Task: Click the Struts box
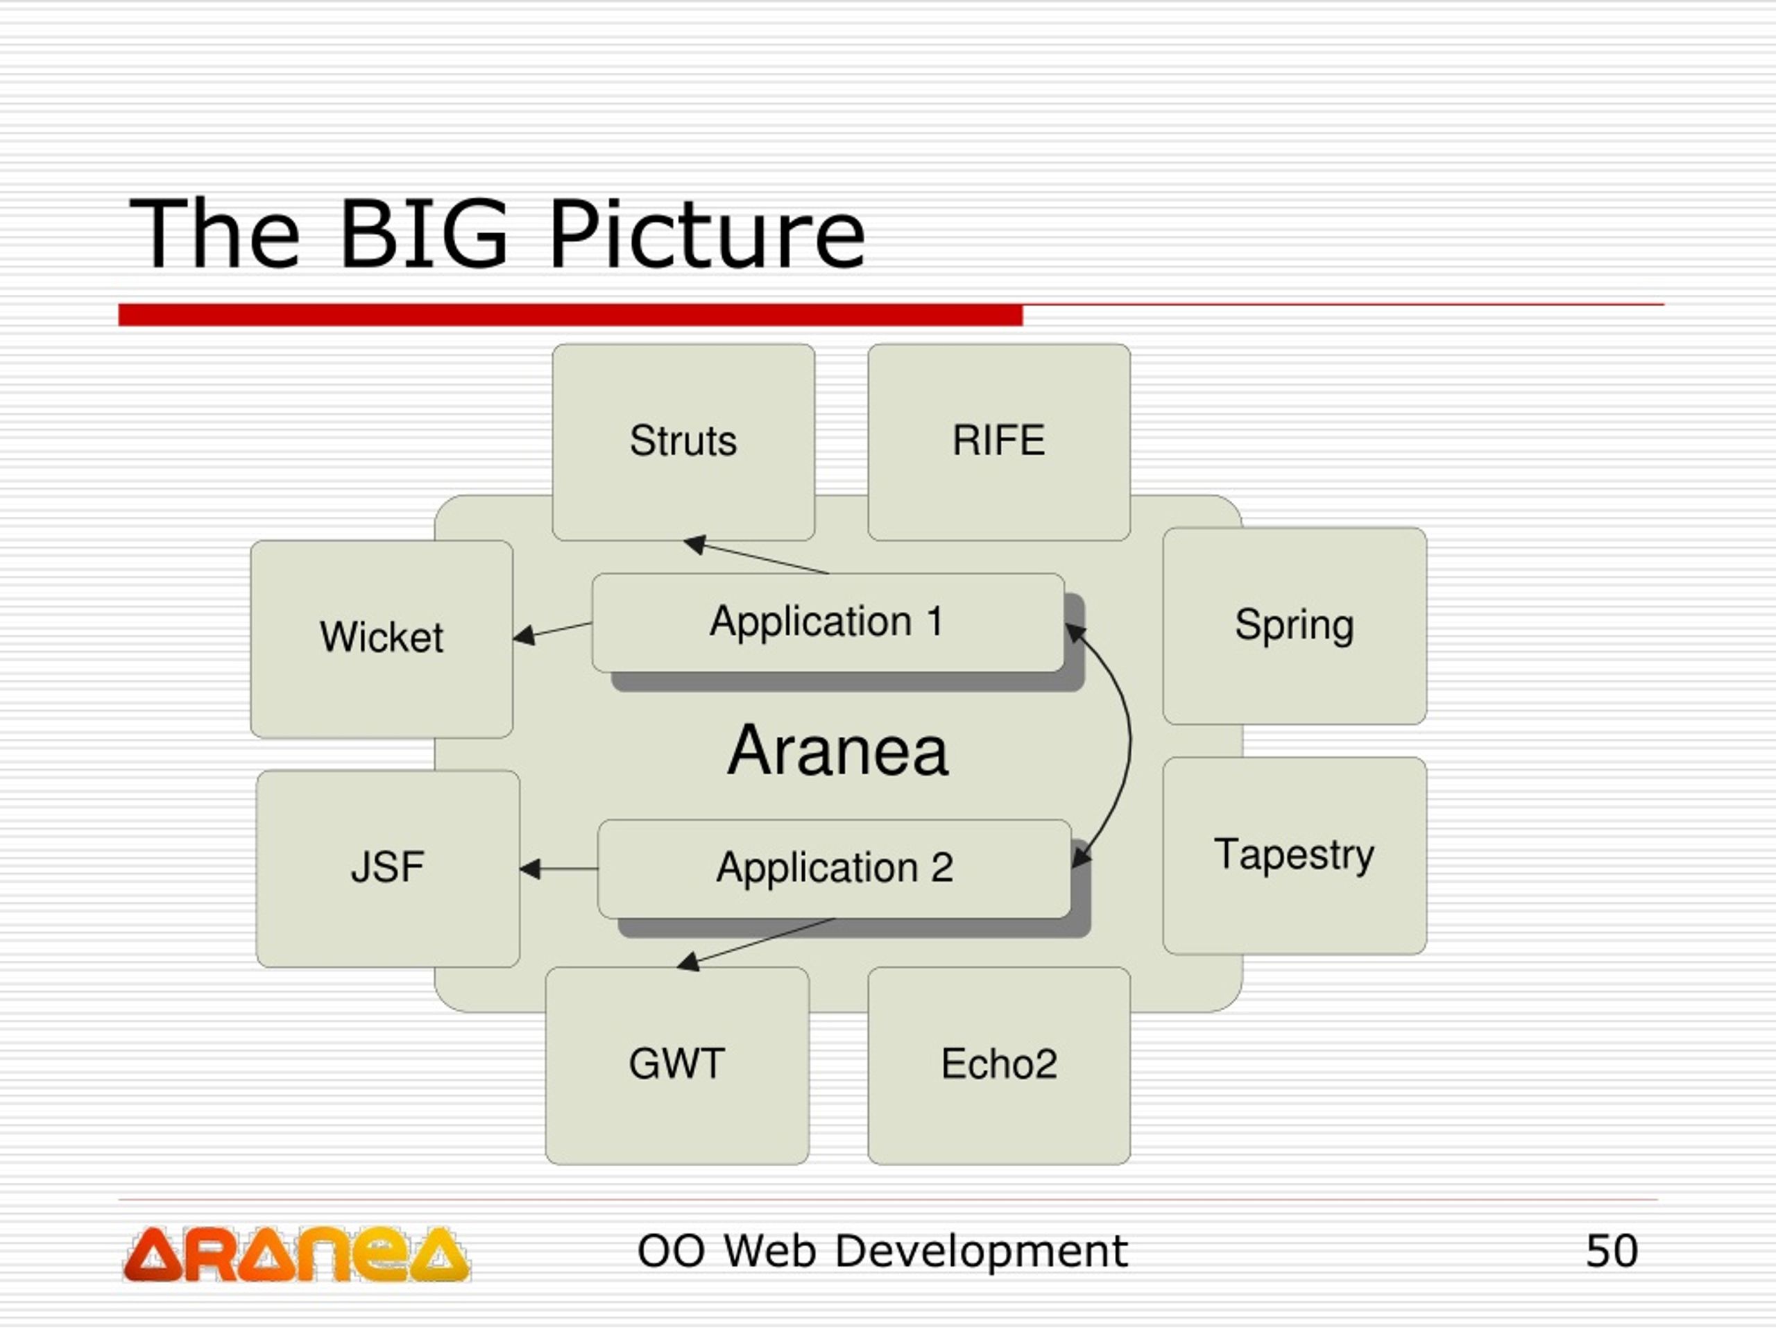click(683, 443)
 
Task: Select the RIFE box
click(999, 443)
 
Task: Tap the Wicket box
click(382, 639)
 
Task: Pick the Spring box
click(1295, 626)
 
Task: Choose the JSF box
click(388, 869)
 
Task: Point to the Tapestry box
click(1295, 855)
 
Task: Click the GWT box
click(677, 1066)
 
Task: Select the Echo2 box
click(999, 1066)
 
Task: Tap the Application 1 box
click(828, 622)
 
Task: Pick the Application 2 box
click(834, 869)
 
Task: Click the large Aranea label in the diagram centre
click(837, 750)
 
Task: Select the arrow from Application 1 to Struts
click(755, 556)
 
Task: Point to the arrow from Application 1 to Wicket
click(552, 632)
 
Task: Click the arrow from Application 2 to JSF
click(558, 869)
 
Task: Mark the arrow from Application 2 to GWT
click(755, 944)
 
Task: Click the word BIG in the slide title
click(423, 234)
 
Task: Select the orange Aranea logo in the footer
click(296, 1254)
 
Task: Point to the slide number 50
click(1612, 1251)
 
